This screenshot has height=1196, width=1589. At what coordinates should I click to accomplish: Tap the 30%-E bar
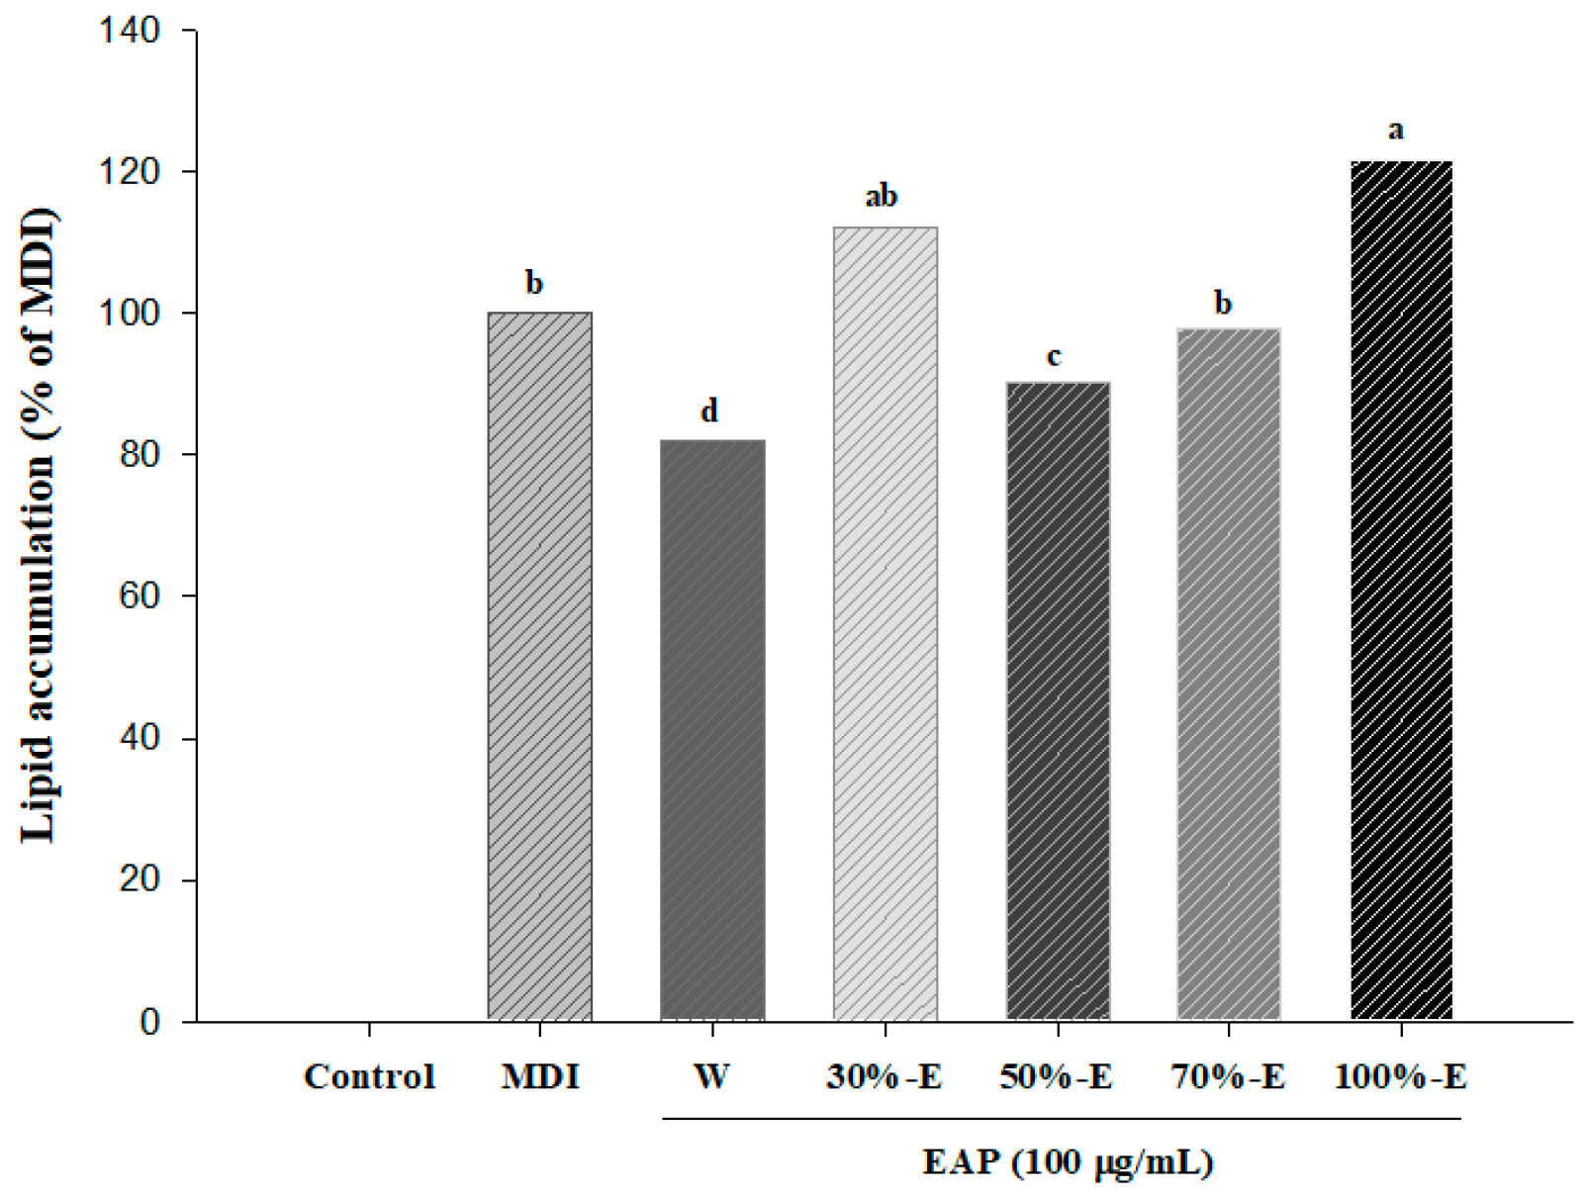pyautogui.click(x=885, y=623)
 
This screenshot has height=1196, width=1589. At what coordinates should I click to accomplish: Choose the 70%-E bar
pyautogui.click(x=1228, y=674)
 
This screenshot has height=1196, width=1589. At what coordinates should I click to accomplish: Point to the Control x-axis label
pyautogui.click(x=369, y=1076)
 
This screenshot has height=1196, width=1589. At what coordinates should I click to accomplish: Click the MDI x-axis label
pyautogui.click(x=539, y=1076)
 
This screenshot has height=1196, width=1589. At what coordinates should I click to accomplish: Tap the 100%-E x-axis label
pyautogui.click(x=1400, y=1076)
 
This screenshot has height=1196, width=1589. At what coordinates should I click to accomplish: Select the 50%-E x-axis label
pyautogui.click(x=1056, y=1076)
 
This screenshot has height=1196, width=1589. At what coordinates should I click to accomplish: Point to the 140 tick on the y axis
pyautogui.click(x=129, y=31)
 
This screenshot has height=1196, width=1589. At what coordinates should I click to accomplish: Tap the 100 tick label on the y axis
pyautogui.click(x=129, y=314)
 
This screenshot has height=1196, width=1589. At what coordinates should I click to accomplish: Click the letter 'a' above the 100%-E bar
pyautogui.click(x=1396, y=131)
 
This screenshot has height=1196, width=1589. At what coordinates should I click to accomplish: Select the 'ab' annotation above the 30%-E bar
pyautogui.click(x=881, y=196)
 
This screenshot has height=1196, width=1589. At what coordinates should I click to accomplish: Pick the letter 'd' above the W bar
pyautogui.click(x=709, y=411)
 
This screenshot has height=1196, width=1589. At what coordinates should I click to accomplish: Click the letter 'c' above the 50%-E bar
pyautogui.click(x=1054, y=356)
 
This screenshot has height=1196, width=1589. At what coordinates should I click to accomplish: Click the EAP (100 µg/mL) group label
pyautogui.click(x=1068, y=1161)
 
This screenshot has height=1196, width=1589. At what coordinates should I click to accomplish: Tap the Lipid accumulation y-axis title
pyautogui.click(x=40, y=524)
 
